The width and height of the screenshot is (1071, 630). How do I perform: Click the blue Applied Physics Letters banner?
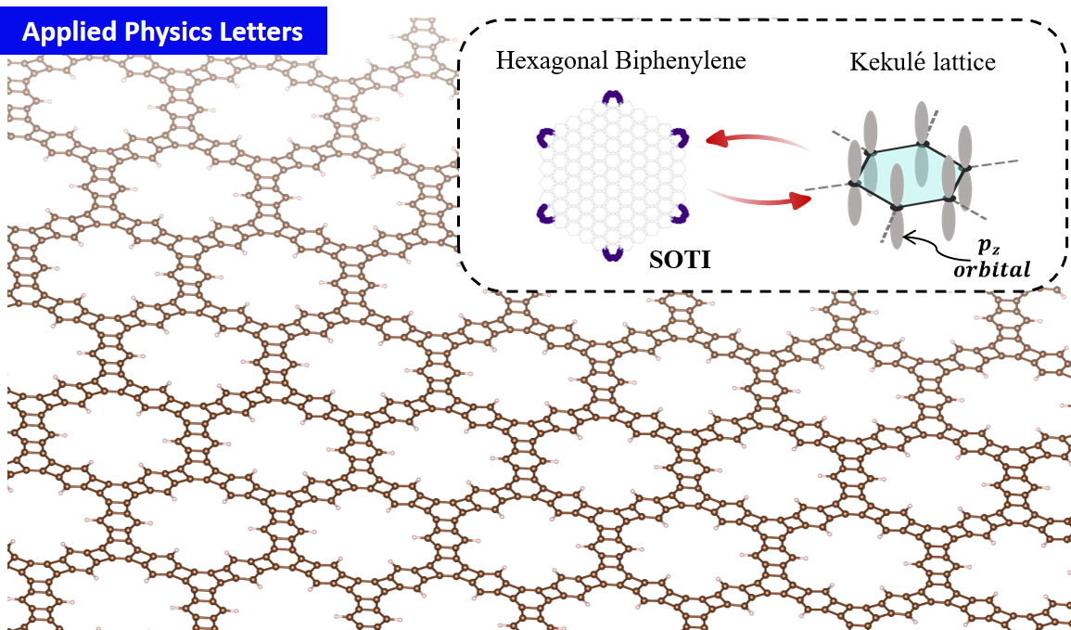(163, 31)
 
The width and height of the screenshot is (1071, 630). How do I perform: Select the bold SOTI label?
(681, 260)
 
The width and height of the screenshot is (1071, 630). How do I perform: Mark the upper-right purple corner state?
(681, 137)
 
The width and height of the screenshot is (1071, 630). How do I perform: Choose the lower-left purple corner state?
(542, 213)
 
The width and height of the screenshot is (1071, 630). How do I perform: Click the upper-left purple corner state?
(542, 137)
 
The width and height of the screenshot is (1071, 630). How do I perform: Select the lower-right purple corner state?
(681, 213)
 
